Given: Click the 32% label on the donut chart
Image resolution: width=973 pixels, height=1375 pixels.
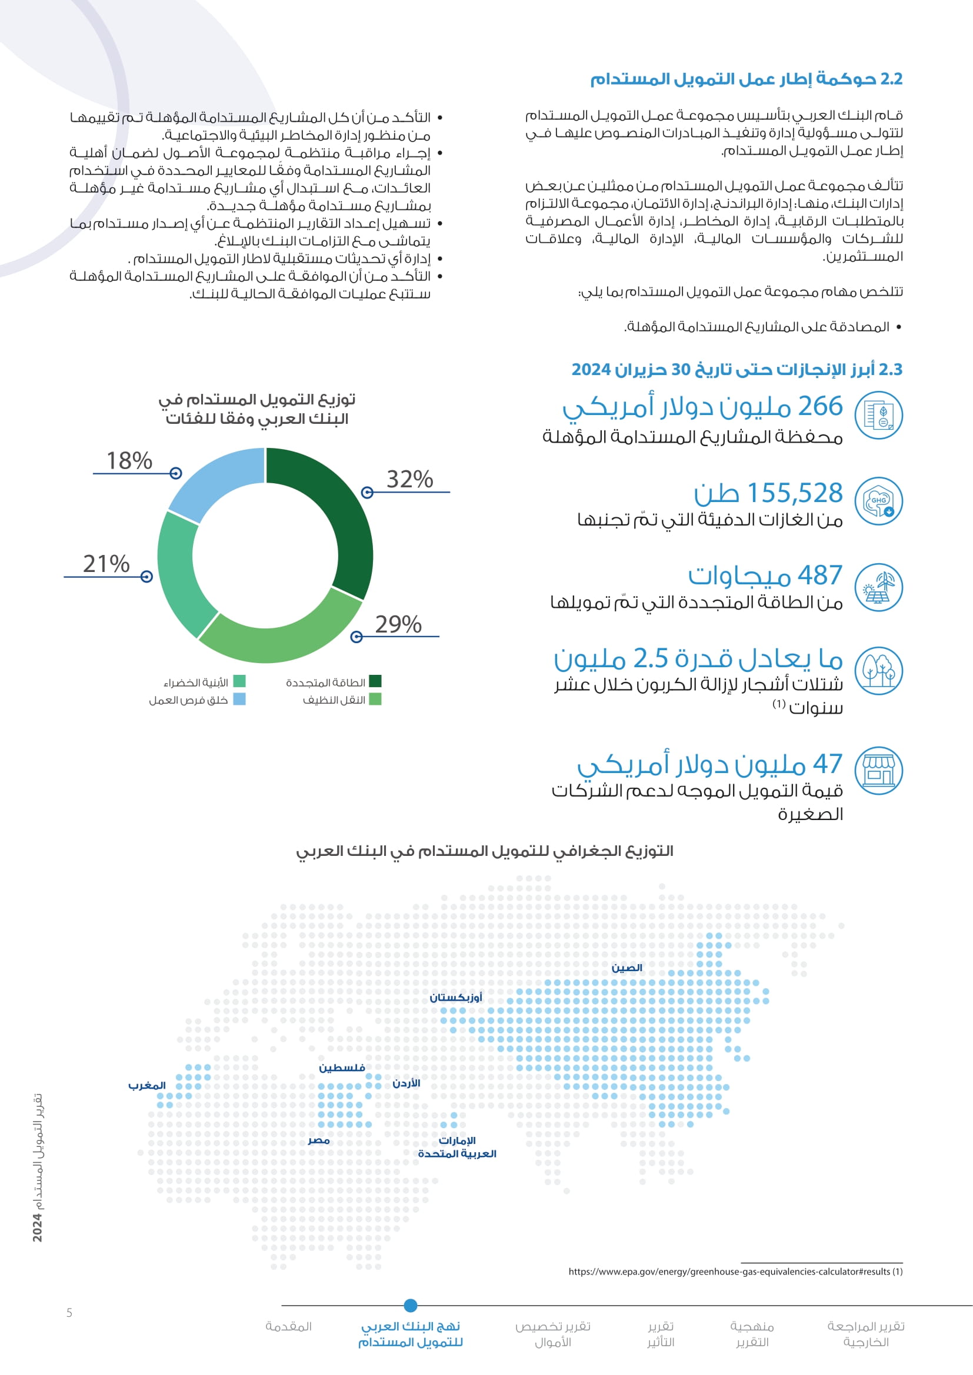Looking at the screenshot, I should pos(409,480).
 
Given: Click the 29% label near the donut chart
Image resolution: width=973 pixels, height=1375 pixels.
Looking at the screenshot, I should pos(398,625).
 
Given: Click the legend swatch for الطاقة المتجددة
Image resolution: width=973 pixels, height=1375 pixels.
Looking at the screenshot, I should pos(375,681).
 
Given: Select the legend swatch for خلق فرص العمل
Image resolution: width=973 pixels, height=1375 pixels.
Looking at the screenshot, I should pos(239,699).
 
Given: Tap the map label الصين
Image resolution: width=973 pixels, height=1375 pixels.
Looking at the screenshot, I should pos(627,968).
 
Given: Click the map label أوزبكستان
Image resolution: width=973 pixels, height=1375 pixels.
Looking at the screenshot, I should pos(455,998).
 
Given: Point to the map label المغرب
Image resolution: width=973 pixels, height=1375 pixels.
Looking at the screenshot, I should pos(147,1086).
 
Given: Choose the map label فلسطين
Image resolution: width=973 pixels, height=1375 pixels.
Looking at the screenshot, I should pos(342,1068).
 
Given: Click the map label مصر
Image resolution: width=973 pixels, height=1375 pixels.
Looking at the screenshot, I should pos(319,1141).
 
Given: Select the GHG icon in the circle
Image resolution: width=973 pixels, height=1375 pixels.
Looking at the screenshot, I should pos(878,502).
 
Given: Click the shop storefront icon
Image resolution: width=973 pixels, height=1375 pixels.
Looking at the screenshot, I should pos(878,770).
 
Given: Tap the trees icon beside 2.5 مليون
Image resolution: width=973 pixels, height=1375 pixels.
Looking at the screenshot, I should pos(878,671).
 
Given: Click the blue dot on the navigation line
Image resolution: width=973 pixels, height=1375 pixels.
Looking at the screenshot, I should pos(411,1305).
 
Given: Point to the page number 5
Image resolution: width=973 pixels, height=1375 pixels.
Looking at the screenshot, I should pos(69,1313).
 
